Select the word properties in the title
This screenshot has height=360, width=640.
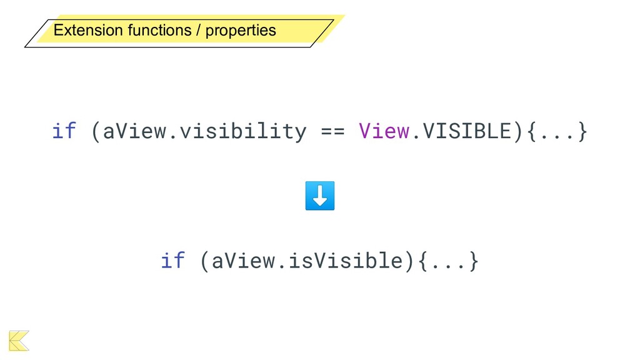241,30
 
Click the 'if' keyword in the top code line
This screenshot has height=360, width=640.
64,131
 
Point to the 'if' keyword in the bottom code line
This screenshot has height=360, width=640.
173,260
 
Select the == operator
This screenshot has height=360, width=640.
332,131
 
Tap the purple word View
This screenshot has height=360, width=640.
384,131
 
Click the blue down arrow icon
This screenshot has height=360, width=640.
320,196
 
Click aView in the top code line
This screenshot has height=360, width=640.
135,131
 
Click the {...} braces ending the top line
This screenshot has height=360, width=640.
557,131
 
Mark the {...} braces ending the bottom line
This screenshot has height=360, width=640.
448,260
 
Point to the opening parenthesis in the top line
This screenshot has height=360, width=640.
96,131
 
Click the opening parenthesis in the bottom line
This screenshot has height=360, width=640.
205,260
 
